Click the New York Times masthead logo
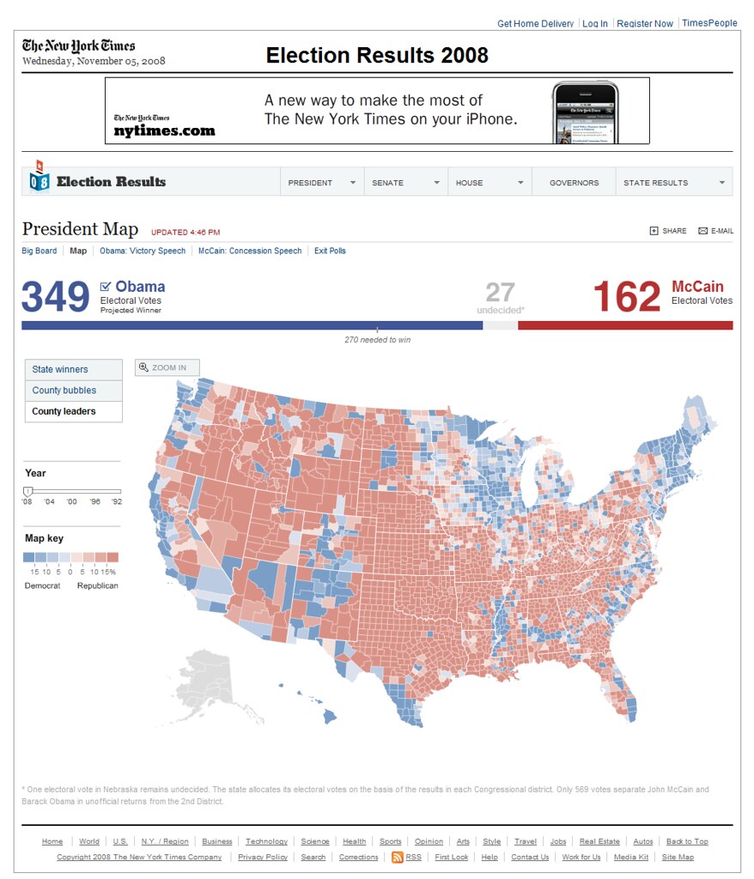click(x=78, y=46)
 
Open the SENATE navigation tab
click(x=388, y=183)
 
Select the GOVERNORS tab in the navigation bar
click(x=574, y=183)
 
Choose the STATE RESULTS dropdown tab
click(x=655, y=183)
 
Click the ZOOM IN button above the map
click(x=167, y=368)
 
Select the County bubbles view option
click(x=64, y=391)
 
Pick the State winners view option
click(x=60, y=370)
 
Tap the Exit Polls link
click(x=330, y=252)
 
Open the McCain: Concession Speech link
click(x=250, y=252)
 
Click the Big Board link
click(x=40, y=252)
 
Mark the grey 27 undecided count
click(x=500, y=292)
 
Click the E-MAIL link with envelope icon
click(x=716, y=231)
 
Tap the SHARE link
click(x=668, y=231)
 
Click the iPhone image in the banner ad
click(x=585, y=112)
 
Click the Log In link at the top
click(x=594, y=24)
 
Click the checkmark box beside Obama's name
click(x=106, y=287)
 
